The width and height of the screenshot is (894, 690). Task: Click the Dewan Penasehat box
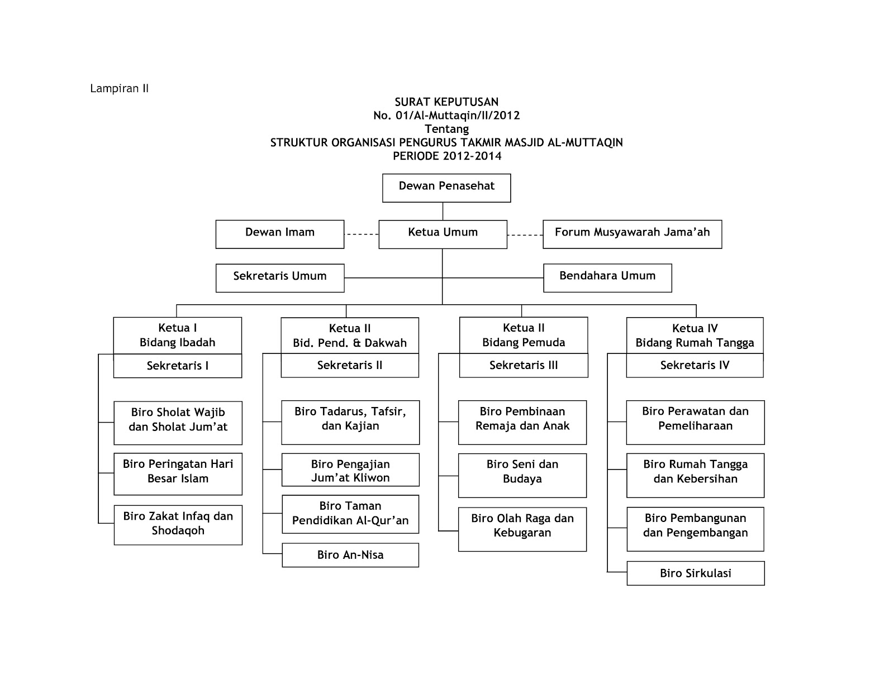[446, 188]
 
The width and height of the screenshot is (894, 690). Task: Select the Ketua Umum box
[443, 234]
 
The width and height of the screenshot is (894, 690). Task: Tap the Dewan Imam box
[279, 234]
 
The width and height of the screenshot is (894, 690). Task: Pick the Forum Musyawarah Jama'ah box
[632, 234]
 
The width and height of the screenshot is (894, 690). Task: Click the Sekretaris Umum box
[279, 277]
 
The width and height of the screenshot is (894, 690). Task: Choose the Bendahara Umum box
[607, 277]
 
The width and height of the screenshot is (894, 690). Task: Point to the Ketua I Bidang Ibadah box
[178, 336]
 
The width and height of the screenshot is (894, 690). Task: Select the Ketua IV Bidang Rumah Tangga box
[695, 336]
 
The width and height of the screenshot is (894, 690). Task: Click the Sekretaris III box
[524, 366]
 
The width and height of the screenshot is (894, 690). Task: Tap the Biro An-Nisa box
[350, 555]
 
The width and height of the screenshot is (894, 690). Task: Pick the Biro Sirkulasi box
[695, 573]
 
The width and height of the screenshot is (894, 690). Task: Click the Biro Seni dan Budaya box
[522, 475]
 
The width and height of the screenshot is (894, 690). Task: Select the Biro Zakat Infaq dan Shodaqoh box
[178, 525]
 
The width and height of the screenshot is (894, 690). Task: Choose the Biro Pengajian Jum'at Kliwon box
[350, 470]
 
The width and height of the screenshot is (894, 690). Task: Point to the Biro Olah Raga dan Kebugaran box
[522, 529]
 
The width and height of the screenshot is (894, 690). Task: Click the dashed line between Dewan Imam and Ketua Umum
[362, 234]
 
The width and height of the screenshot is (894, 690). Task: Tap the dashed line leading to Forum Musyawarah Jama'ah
[525, 235]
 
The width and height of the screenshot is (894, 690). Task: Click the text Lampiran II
[120, 89]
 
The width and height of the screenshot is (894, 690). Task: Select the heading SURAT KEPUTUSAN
[446, 102]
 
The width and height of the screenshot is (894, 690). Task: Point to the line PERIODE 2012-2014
[447, 156]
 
